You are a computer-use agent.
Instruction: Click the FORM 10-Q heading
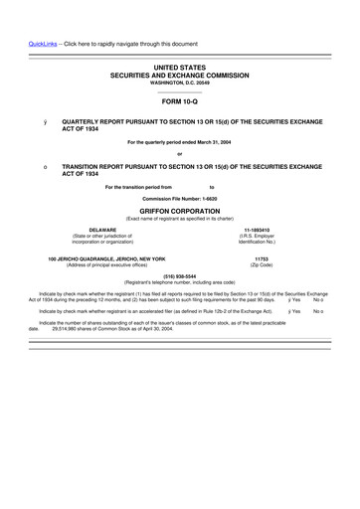[x=180, y=102]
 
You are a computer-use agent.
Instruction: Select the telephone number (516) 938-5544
[x=180, y=275]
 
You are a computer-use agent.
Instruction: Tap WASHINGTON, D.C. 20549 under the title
[x=180, y=82]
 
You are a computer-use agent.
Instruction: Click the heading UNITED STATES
[x=180, y=66]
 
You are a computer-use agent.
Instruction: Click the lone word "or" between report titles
[x=180, y=153]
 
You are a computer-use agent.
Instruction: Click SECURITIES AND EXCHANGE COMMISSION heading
[x=180, y=74]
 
